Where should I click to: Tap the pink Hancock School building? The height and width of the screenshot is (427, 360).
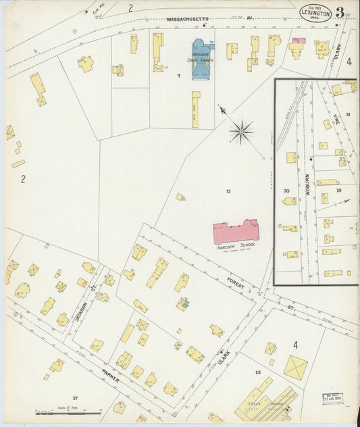(x=237, y=232)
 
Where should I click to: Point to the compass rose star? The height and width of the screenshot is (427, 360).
(x=241, y=131)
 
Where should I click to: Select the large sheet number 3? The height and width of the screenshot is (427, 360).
(x=340, y=13)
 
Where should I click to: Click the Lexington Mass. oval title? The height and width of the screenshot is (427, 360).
(x=315, y=14)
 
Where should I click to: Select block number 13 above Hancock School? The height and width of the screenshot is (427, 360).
(x=228, y=192)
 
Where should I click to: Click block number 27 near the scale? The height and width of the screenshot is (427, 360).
(x=75, y=398)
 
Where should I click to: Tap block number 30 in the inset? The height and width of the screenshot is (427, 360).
(x=286, y=191)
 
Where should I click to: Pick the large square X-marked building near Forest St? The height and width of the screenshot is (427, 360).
(x=295, y=368)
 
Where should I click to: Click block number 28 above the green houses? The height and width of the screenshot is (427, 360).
(x=257, y=372)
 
